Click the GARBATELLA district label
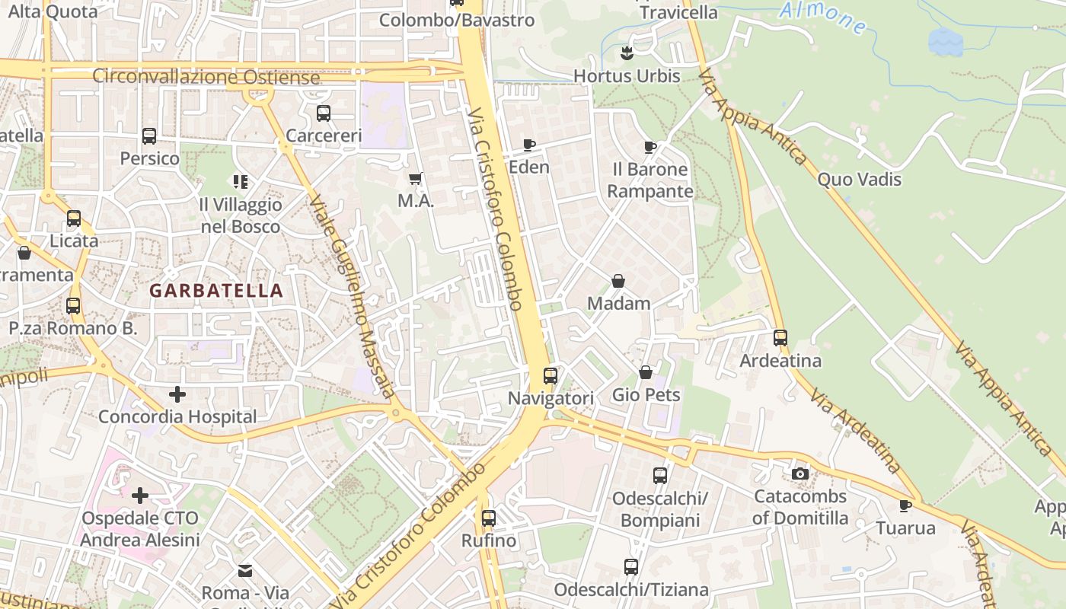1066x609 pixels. [x=216, y=291]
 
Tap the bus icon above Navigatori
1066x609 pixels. [x=551, y=375]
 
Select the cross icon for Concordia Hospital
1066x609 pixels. [x=177, y=394]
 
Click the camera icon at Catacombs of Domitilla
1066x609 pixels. [x=799, y=474]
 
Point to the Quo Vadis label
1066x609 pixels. [x=859, y=180]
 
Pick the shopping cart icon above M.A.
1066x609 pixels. [x=416, y=179]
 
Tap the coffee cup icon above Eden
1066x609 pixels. [x=529, y=145]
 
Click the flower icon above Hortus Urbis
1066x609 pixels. [x=627, y=53]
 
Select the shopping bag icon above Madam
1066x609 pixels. [x=618, y=281]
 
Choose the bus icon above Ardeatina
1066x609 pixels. [x=780, y=338]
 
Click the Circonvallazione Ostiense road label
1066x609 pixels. [x=206, y=77]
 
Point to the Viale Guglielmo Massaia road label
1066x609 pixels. [x=351, y=297]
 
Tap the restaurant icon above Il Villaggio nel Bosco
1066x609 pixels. [x=241, y=182]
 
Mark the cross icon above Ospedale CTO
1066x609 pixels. [x=140, y=496]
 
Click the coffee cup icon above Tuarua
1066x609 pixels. [x=905, y=505]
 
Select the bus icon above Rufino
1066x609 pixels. [x=488, y=518]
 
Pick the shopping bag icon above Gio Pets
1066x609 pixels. [x=646, y=372]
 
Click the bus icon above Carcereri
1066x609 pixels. [x=324, y=113]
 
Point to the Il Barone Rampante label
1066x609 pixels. [x=649, y=180]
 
